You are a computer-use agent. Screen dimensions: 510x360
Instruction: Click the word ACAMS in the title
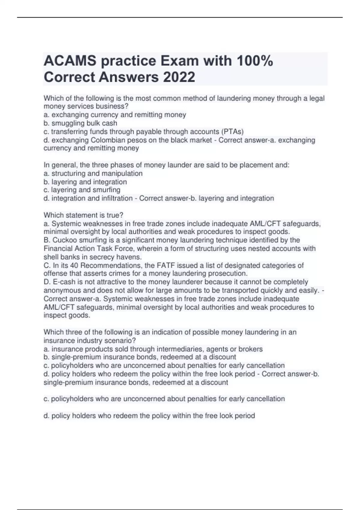click(70, 61)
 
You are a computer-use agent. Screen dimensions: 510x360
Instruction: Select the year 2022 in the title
click(179, 77)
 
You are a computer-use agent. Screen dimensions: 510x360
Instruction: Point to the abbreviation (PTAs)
click(232, 132)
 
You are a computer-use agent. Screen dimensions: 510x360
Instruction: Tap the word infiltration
click(114, 198)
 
